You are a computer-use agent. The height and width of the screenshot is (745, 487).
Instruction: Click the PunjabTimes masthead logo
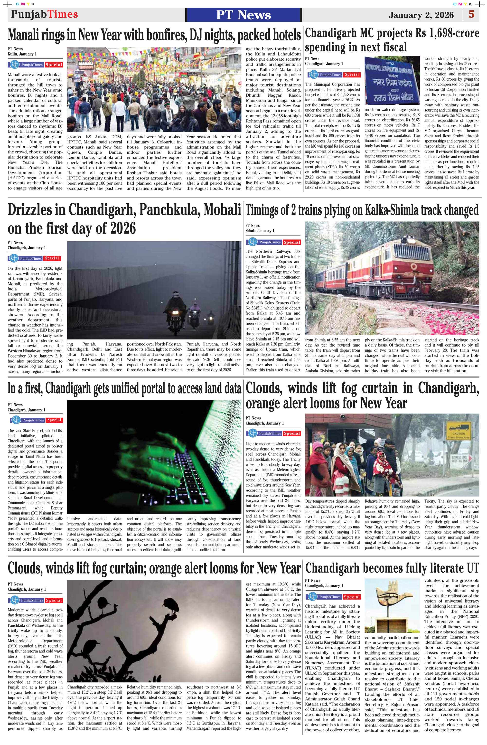(45, 14)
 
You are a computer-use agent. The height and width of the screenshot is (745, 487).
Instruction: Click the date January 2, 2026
(421, 15)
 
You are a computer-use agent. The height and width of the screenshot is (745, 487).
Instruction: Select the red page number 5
(471, 14)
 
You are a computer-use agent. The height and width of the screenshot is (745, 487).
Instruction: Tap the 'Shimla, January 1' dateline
(260, 231)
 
